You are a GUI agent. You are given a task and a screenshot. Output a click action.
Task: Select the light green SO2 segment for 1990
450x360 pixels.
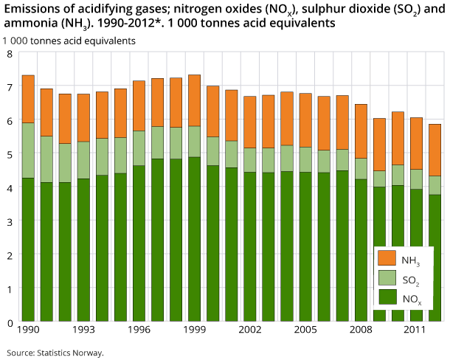pos(28,150)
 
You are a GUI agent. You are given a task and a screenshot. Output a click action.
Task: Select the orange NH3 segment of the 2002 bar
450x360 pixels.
pos(250,122)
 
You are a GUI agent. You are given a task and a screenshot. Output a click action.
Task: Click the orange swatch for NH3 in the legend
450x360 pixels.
pos(387,259)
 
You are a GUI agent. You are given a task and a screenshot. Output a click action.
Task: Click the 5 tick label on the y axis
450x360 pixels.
pos(9,155)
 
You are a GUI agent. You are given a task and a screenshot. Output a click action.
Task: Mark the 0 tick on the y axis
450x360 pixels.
pos(9,322)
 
